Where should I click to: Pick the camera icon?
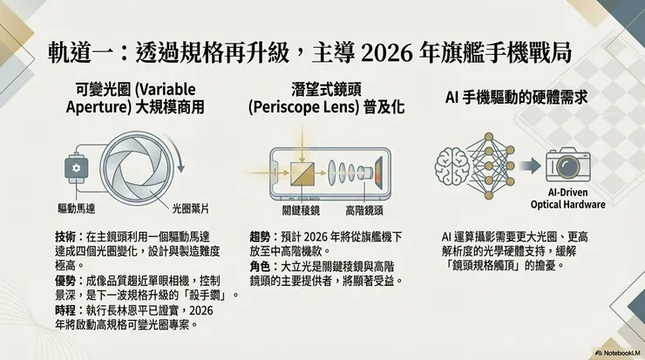pyautogui.click(x=570, y=163)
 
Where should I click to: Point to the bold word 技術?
pyautogui.click(x=65, y=237)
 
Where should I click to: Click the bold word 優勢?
pyautogui.click(x=65, y=281)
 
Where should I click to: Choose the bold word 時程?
pyautogui.click(x=65, y=310)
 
